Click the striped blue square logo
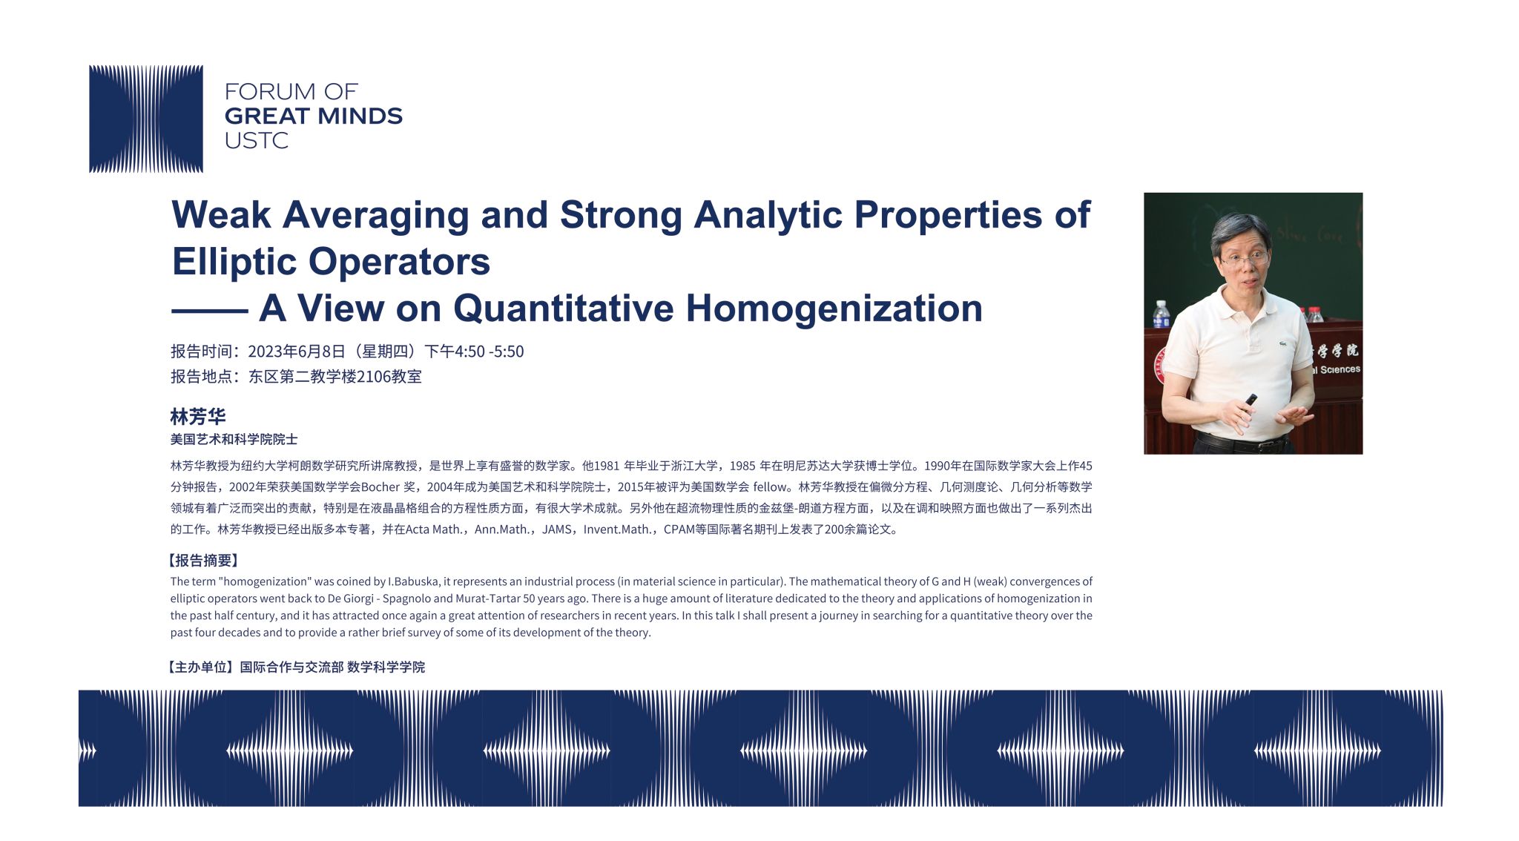pos(146,119)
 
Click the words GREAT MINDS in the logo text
pos(314,116)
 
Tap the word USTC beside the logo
pos(256,140)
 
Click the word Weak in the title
pos(221,215)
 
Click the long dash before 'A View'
pos(209,311)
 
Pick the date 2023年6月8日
pos(297,352)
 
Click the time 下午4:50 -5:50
pos(474,352)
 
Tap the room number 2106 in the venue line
pos(374,377)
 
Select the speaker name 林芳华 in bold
pos(198,416)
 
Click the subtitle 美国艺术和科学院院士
pos(234,439)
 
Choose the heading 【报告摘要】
pos(203,561)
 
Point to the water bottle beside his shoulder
pos(1162,314)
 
